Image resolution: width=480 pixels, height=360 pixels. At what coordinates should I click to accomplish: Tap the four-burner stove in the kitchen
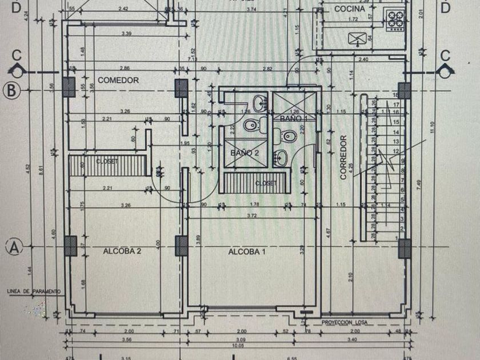pyautogui.click(x=395, y=20)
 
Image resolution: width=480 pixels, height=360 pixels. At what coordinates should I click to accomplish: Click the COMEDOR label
pyautogui.click(x=118, y=81)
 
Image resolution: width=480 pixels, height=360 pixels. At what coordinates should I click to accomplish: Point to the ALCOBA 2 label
pyautogui.click(x=122, y=251)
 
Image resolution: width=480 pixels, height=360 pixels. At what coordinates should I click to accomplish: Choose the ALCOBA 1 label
pyautogui.click(x=247, y=251)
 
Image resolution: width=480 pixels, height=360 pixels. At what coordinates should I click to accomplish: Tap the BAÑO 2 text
pyautogui.click(x=245, y=153)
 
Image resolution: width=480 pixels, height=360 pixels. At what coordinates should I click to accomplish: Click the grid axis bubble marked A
pyautogui.click(x=14, y=247)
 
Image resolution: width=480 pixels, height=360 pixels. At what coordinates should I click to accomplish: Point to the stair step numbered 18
pyautogui.click(x=395, y=95)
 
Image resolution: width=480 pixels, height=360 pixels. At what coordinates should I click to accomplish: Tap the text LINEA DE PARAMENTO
pyautogui.click(x=34, y=291)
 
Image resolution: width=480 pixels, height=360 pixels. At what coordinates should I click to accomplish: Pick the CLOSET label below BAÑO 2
pyautogui.click(x=266, y=183)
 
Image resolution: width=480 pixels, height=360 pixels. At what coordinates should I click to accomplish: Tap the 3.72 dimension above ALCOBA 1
pyautogui.click(x=251, y=216)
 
